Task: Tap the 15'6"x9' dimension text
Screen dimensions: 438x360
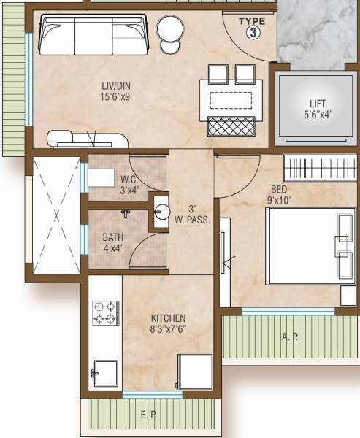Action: click(117, 96)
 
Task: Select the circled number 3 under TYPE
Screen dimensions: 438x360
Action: click(252, 32)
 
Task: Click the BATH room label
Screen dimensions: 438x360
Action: click(112, 237)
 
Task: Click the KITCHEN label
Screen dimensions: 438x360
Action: click(168, 318)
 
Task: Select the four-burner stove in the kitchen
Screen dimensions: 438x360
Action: click(105, 312)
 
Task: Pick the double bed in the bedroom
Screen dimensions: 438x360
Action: click(307, 245)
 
